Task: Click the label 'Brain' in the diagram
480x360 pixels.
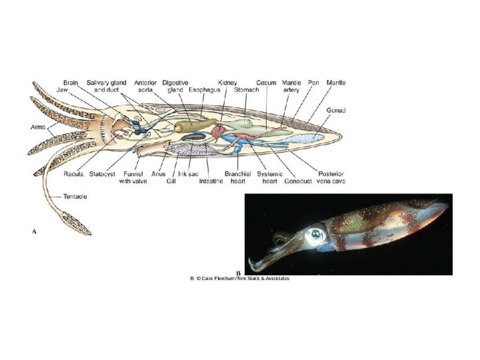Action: pos(71,83)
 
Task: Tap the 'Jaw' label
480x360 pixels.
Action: pos(63,89)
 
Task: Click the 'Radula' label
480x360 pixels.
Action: pos(73,174)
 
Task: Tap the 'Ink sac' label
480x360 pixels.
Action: pos(188,174)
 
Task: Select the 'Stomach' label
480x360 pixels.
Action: pos(246,89)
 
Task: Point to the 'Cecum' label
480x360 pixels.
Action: pos(267,83)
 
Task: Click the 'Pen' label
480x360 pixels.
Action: pos(313,83)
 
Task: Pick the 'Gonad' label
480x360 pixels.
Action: pos(335,109)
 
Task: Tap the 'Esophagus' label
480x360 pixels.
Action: pos(204,89)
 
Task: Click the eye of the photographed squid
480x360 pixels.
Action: pos(313,235)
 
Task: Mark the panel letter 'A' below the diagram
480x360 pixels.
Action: pos(34,231)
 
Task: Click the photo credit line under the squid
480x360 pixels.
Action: pos(241,278)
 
